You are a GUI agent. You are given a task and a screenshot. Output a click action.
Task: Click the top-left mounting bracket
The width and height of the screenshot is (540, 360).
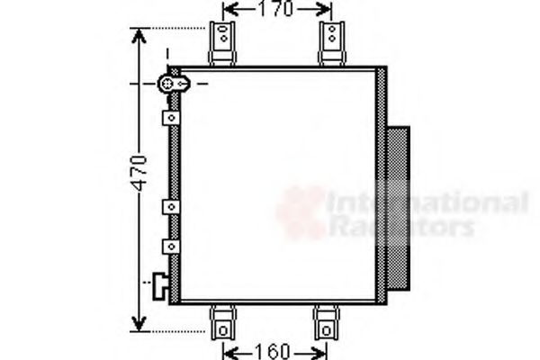(222, 42)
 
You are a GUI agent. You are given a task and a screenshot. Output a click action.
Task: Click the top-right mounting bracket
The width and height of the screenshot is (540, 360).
(331, 42)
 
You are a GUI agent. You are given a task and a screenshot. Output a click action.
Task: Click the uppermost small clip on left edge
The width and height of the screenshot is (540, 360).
(169, 118)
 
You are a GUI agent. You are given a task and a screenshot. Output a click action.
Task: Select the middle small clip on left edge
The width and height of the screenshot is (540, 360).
(169, 207)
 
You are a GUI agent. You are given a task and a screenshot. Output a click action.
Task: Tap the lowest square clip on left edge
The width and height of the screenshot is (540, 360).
(169, 245)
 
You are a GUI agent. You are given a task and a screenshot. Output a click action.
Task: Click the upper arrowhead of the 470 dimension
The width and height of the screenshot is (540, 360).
(139, 37)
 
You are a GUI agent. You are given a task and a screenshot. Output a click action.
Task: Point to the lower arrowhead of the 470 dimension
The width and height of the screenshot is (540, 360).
(139, 323)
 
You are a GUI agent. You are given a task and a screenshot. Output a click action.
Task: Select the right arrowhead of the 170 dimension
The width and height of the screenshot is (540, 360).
(327, 10)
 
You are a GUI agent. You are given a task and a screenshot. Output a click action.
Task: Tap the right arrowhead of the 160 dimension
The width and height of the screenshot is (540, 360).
(321, 350)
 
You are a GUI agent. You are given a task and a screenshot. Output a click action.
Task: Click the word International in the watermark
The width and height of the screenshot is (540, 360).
(427, 203)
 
